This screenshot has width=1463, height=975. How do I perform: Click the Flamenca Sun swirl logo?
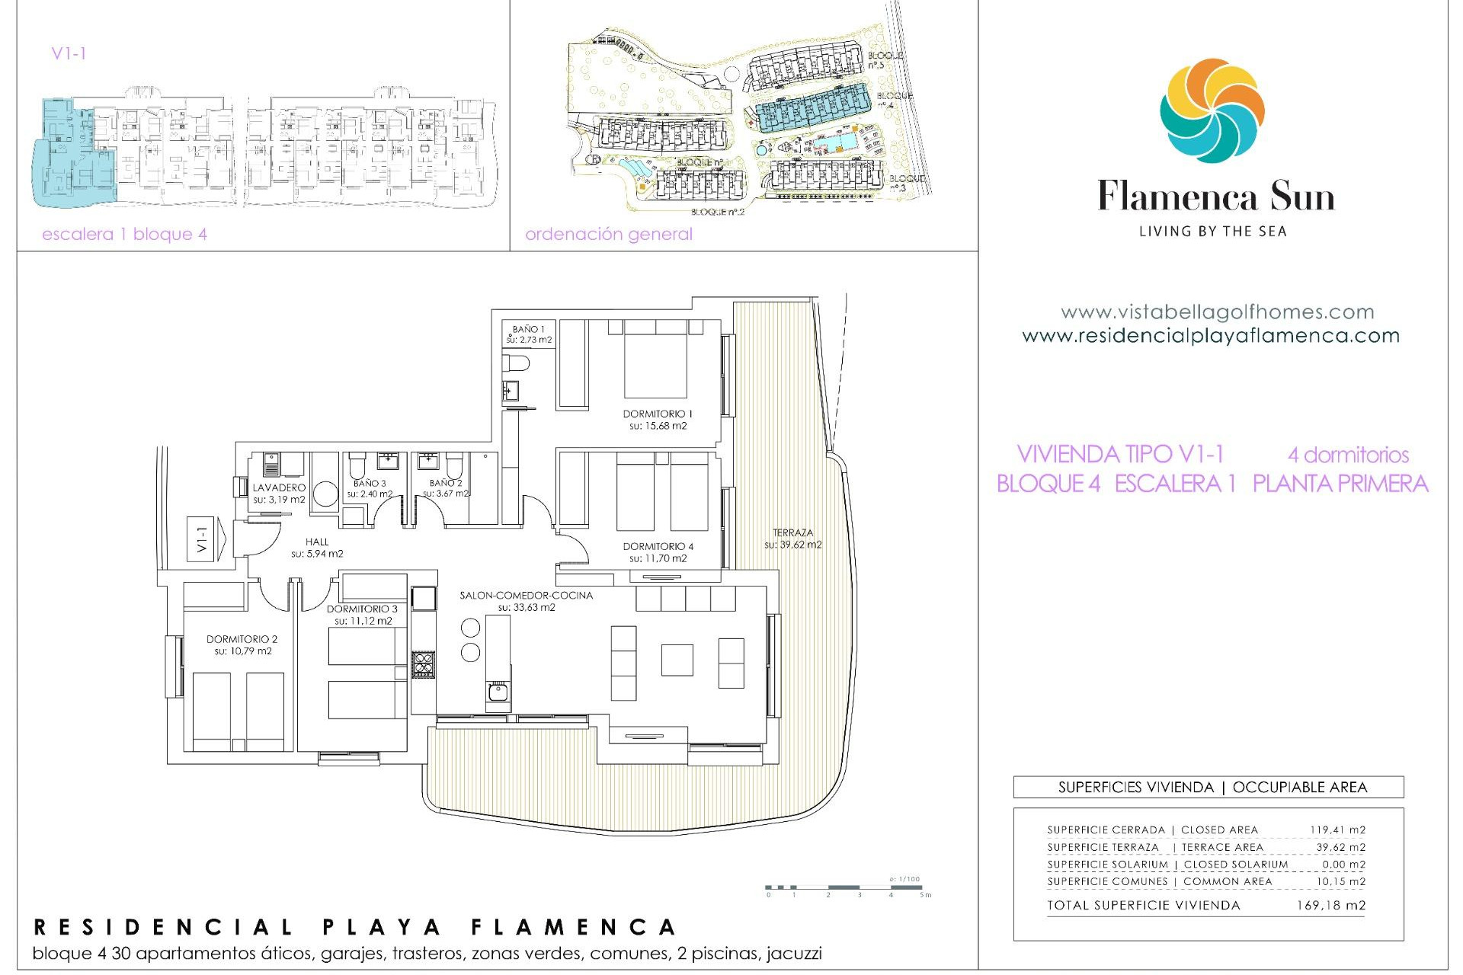[1212, 110]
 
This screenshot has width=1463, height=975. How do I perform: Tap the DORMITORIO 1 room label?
[658, 414]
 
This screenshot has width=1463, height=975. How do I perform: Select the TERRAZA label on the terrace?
[792, 533]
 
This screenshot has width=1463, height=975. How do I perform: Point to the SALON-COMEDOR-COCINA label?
[526, 596]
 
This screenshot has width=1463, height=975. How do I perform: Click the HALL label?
[317, 542]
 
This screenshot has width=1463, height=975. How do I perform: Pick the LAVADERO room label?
[279, 487]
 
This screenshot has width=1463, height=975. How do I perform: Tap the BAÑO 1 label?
[528, 330]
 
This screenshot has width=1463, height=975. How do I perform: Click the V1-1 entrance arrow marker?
[206, 539]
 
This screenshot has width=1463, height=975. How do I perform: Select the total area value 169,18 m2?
[1330, 906]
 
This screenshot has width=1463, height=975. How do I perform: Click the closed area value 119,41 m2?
[1337, 830]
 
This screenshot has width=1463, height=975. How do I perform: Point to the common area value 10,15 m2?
[1340, 881]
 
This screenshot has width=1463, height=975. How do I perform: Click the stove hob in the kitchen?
[424, 664]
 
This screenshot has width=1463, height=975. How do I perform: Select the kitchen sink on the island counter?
[498, 692]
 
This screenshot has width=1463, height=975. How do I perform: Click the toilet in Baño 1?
[517, 363]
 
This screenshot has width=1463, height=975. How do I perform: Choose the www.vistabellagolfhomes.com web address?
[1217, 312]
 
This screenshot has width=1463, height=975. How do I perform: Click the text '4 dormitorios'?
[1348, 456]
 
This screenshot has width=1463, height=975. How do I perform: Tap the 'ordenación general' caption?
[608, 235]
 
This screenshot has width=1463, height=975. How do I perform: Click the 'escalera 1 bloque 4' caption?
[124, 235]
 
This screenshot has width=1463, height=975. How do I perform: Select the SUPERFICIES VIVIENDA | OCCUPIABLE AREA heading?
[1212, 788]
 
